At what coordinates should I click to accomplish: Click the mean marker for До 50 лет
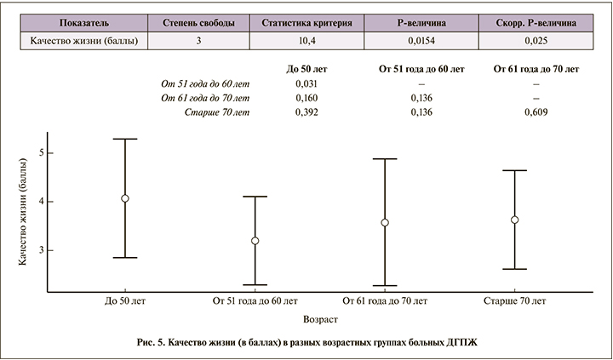pyautogui.click(x=125, y=198)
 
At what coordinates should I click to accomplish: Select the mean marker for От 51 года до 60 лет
pyautogui.click(x=255, y=241)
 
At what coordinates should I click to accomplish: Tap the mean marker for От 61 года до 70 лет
pyautogui.click(x=385, y=223)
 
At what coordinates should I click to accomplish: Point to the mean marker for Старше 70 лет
pyautogui.click(x=514, y=220)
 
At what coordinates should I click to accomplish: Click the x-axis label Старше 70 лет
pyautogui.click(x=514, y=301)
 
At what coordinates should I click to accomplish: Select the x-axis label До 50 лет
pyautogui.click(x=125, y=301)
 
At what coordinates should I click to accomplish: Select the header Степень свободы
pyautogui.click(x=199, y=22)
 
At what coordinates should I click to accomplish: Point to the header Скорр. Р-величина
pyautogui.click(x=536, y=22)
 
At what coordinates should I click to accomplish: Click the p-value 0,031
pyautogui.click(x=306, y=83)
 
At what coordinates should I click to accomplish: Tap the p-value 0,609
pyautogui.click(x=536, y=111)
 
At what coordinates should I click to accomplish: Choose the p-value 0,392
pyautogui.click(x=306, y=111)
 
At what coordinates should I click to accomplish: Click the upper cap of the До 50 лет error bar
pyautogui.click(x=125, y=139)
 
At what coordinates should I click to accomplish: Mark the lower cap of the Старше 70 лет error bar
pyautogui.click(x=514, y=269)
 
